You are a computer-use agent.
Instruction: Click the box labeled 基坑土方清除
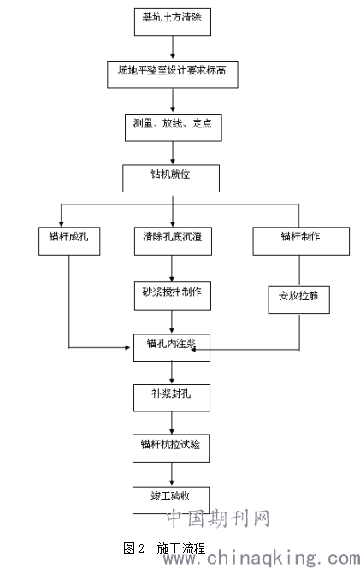pos(173,21)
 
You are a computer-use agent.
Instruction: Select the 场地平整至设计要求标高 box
pos(173,74)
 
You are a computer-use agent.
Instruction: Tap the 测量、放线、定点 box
pos(173,127)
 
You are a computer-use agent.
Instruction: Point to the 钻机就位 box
pos(171,179)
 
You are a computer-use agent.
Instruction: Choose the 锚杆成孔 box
pos(69,241)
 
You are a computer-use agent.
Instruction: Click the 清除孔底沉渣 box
pos(173,241)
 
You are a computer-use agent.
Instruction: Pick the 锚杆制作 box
pos(301,241)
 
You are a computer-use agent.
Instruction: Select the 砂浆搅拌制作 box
pos(173,296)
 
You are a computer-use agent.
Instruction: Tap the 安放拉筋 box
pos(298,299)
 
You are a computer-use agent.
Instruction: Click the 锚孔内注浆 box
pos(172,348)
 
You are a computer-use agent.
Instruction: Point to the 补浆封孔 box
pos(172,398)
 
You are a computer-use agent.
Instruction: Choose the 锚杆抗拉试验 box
pos(171,448)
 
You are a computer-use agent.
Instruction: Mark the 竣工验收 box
pos(171,500)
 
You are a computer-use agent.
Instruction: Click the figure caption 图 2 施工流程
pos(164,548)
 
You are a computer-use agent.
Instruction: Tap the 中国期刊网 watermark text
pos(218,518)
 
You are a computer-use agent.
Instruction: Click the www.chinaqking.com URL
pos(261,559)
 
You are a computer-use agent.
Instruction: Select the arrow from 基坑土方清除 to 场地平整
pos(173,47)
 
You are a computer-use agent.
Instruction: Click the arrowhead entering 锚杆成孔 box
pos(62,224)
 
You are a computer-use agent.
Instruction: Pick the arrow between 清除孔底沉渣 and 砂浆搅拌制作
pos(172,269)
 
